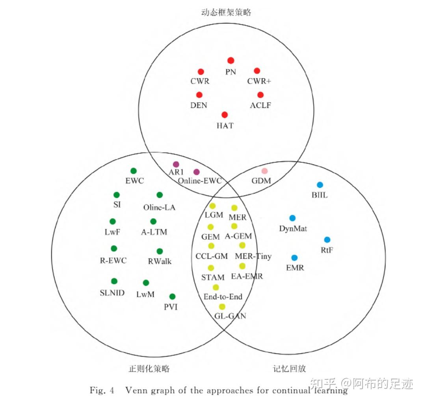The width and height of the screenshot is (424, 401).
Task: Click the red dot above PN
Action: tap(231, 61)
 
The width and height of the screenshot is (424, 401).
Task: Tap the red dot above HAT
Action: tap(225, 115)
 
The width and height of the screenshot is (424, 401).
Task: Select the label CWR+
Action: tap(259, 81)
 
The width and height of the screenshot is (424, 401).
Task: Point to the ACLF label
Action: tap(260, 105)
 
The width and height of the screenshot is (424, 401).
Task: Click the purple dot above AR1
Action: tap(176, 164)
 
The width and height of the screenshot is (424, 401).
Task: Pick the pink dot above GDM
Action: tap(265, 171)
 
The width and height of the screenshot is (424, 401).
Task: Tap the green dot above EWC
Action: tap(134, 171)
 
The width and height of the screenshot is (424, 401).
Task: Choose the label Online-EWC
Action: tap(200, 181)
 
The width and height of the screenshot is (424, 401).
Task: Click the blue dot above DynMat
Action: tap(292, 218)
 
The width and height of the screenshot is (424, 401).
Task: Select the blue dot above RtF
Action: tap(327, 239)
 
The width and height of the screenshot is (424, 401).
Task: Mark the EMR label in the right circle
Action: tap(295, 268)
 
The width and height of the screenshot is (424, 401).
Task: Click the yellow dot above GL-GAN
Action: tap(222, 307)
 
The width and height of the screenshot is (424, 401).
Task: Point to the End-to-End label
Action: tap(223, 297)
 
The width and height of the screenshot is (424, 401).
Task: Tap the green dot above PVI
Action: tap(172, 296)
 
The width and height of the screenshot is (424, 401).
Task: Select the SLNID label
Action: tap(112, 292)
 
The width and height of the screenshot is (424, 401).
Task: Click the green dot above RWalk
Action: tap(160, 251)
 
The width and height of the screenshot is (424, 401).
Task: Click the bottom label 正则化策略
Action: tap(149, 368)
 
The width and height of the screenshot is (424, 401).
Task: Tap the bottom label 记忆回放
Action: tap(289, 368)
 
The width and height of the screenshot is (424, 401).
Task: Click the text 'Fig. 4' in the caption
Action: tap(102, 390)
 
